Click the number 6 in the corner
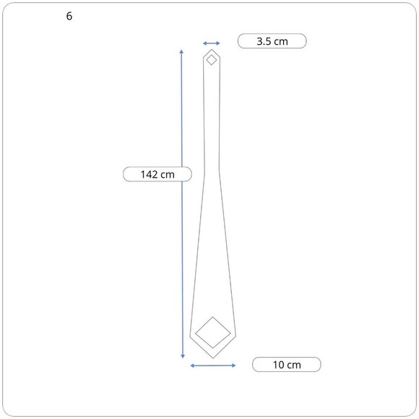coord(69,16)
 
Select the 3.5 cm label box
coord(272,41)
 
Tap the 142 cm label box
coord(157,174)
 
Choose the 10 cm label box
coord(287,365)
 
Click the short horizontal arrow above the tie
coord(212,43)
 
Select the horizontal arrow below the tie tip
coord(213,366)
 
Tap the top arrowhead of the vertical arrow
coord(181,51)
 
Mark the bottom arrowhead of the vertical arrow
coord(183,356)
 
